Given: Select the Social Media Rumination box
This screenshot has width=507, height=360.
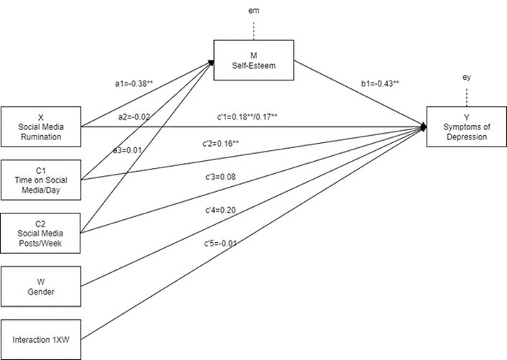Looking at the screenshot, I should (41, 126).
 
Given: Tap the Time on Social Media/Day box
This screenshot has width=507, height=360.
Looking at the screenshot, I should (41, 179).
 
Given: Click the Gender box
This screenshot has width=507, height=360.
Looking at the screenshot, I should (41, 286).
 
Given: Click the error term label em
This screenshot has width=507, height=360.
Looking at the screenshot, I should (254, 9).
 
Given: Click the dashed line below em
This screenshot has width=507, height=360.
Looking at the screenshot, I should (254, 29).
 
